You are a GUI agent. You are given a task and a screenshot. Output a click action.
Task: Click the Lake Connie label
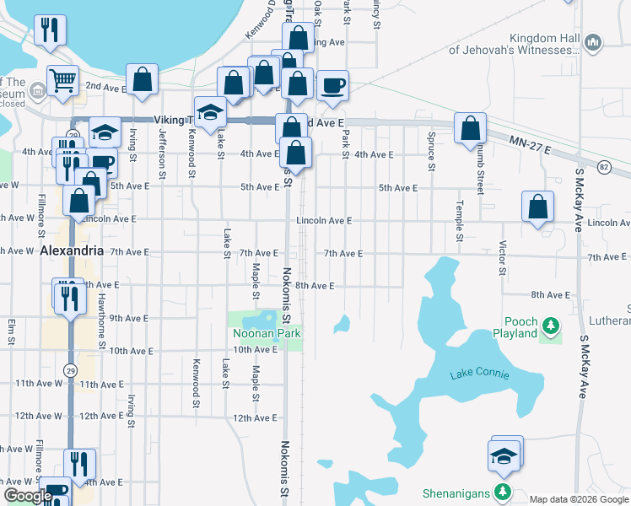pos(480,374)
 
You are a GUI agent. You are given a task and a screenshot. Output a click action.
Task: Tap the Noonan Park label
pos(267,333)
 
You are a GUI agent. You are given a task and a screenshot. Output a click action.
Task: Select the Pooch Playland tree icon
pos(551,324)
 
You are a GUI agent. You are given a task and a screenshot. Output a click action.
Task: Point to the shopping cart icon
pos(62,80)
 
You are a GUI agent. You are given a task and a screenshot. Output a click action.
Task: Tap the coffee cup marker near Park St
pos(332,85)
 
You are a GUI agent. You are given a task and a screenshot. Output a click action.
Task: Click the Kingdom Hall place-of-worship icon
pos(593,41)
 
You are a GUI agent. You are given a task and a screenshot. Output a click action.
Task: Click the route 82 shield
pos(603,167)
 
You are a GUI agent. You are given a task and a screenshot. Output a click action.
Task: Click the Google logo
pos(27,495)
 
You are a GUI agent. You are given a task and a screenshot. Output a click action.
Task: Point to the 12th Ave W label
pos(37,416)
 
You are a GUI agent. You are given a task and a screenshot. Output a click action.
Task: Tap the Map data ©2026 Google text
pos(580,499)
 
